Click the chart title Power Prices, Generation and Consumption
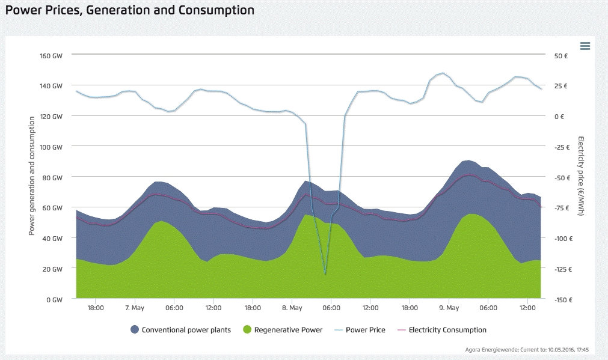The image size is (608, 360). (130, 10)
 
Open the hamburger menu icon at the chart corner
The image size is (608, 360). (585, 46)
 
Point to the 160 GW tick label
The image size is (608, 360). (52, 55)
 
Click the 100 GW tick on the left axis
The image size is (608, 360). (52, 147)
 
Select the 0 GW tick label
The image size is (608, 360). (54, 299)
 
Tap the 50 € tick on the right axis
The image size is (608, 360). (560, 55)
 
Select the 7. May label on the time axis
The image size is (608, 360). (135, 308)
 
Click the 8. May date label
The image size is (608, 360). (292, 308)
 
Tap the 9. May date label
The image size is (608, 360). (449, 308)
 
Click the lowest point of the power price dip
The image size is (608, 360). (325, 275)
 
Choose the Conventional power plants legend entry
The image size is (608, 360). (180, 330)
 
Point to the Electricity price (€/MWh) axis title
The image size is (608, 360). (582, 176)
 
